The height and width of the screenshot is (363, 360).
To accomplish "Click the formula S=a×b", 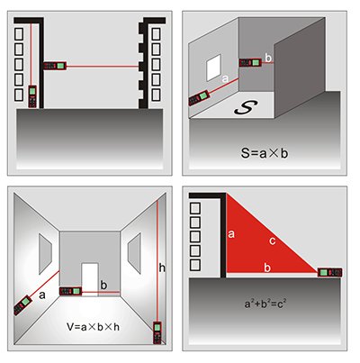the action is tap(265, 153).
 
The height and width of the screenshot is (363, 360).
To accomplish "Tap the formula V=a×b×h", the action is tap(93, 327).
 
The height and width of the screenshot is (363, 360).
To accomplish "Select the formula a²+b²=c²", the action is tap(265, 304).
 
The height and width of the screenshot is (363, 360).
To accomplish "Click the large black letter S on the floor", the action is tap(246, 108).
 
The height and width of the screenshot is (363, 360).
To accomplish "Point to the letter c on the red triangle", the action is tap(273, 240).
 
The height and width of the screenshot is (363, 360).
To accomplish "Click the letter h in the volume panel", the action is tap(162, 268).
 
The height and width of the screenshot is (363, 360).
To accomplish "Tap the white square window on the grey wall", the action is tap(213, 68).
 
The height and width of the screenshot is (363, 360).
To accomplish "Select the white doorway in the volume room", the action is tap(90, 279).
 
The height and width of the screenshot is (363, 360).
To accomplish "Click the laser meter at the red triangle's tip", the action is tap(329, 273).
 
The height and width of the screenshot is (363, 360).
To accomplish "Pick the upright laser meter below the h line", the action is tap(157, 332).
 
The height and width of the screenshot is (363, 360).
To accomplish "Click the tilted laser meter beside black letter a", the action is tap(23, 304).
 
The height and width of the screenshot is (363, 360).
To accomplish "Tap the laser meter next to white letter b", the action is tap(251, 62).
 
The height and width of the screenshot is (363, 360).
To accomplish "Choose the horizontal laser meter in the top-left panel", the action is tap(55, 66).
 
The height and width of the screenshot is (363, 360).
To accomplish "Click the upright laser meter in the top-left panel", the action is tap(32, 96).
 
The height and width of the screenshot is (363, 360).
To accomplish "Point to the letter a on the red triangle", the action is tap(231, 234).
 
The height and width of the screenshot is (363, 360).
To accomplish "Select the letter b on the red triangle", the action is tap(267, 268).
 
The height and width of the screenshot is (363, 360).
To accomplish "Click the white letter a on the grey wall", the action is tap(225, 79).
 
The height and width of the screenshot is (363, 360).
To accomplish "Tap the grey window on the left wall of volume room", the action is tap(45, 254).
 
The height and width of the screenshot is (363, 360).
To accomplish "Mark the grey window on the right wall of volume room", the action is tap(134, 253).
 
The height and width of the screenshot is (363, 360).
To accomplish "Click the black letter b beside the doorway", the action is tap(103, 285).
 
